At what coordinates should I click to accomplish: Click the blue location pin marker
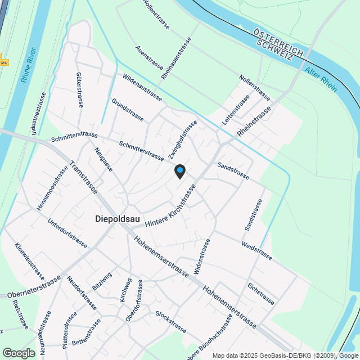[x=179, y=171]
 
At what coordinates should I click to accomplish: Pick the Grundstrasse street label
[x=128, y=110]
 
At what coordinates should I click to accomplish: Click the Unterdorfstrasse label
[x=67, y=233]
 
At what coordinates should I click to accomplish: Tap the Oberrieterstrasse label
[x=34, y=287]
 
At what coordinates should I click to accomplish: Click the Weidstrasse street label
[x=256, y=251]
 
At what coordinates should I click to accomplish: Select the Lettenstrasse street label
[x=236, y=110]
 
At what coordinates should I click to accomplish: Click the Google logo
[x=18, y=353]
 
